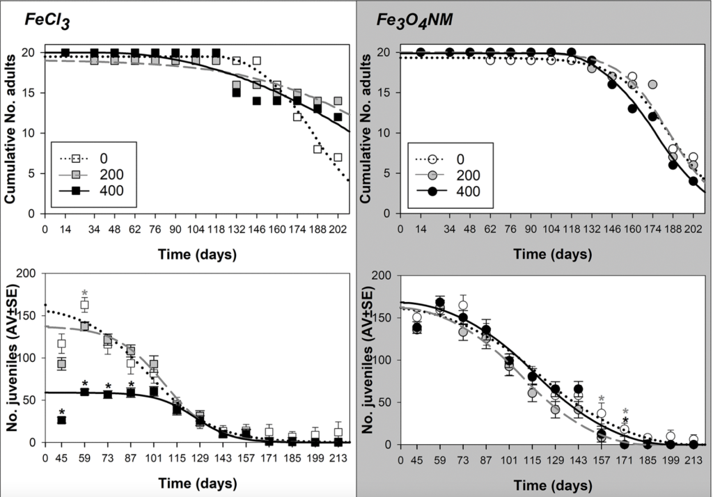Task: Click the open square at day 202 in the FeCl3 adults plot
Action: [338, 157]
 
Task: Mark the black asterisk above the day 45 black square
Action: [61, 411]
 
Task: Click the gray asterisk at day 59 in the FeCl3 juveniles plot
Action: [85, 293]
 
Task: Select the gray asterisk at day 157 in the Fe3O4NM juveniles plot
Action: [601, 400]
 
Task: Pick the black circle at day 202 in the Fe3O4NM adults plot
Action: [693, 181]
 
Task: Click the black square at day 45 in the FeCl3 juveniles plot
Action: [61, 420]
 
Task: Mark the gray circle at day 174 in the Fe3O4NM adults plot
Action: [653, 84]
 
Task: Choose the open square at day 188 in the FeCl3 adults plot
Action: [318, 149]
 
